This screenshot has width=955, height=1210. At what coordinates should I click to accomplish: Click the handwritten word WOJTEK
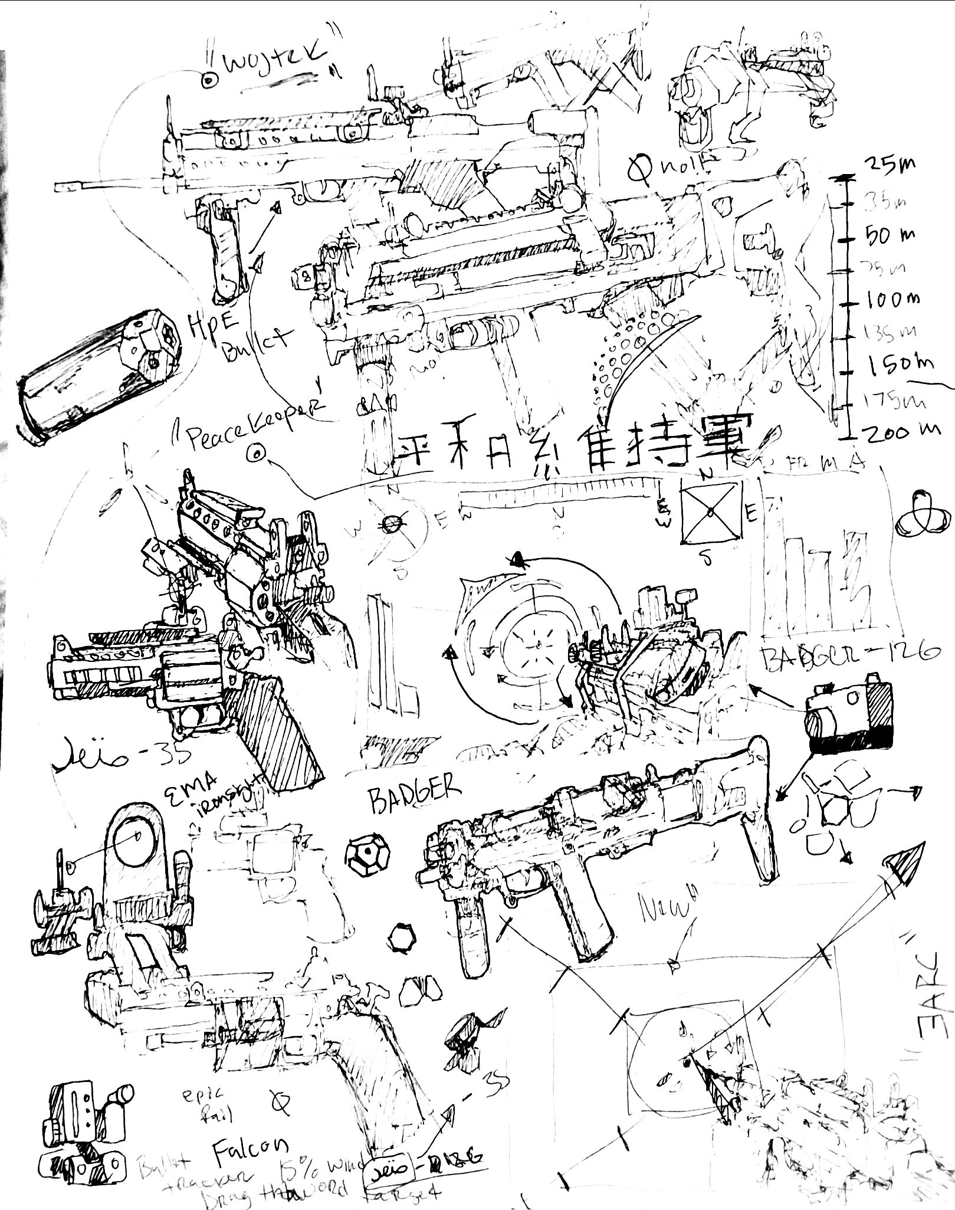point(282,62)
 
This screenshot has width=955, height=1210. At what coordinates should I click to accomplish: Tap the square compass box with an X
point(711,511)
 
